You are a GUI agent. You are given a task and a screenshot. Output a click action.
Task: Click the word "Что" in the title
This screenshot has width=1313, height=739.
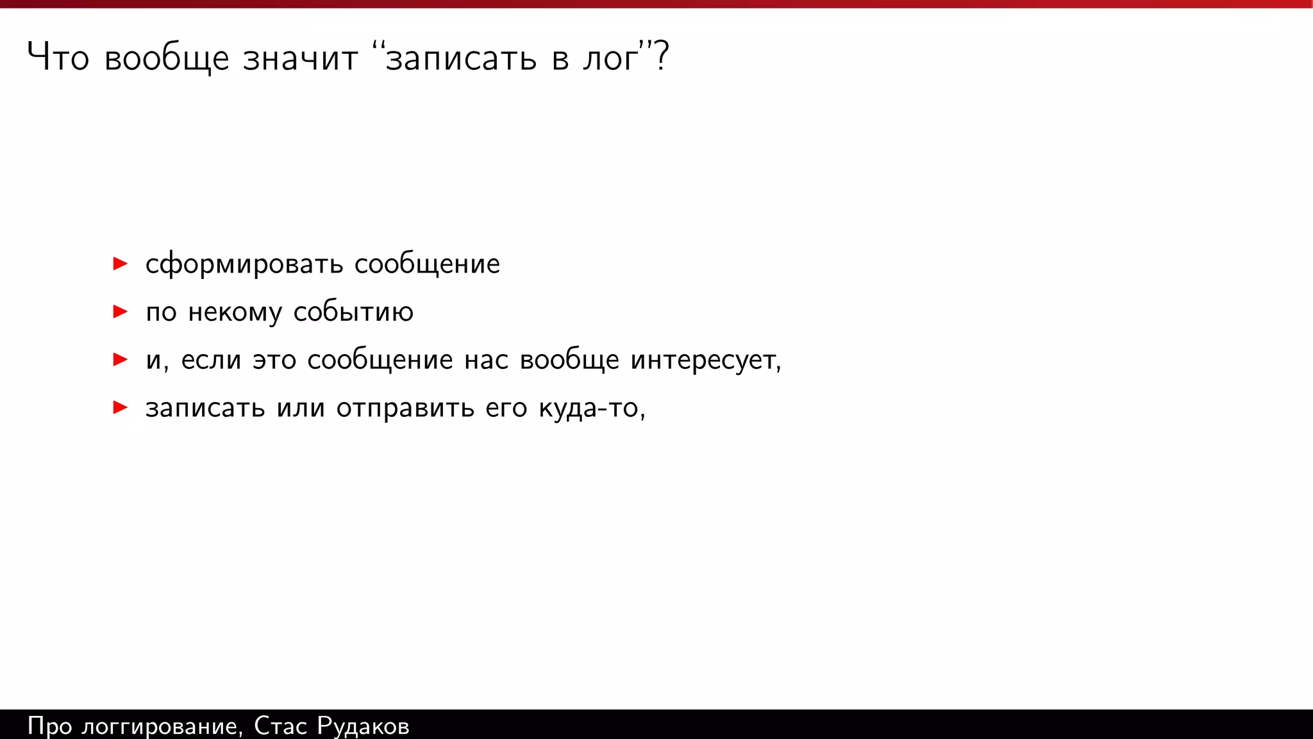58,58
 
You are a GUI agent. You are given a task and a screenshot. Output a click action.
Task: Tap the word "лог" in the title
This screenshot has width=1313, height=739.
611,59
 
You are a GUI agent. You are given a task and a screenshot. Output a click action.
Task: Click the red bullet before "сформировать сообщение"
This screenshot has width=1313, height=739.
120,264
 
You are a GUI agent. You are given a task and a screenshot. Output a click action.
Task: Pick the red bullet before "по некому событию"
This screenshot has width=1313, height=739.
120,312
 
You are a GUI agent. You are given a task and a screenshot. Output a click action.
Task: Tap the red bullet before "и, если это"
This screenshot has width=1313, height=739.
120,359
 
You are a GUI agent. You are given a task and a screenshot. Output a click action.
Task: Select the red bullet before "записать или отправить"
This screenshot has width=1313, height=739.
120,407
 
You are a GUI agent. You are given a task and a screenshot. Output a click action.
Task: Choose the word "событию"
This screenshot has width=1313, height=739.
353,312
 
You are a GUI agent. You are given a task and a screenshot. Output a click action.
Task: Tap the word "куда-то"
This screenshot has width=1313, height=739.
589,409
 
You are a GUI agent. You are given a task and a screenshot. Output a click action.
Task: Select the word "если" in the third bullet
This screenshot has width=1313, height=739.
211,361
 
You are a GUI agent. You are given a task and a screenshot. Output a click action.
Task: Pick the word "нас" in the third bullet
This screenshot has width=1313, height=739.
487,361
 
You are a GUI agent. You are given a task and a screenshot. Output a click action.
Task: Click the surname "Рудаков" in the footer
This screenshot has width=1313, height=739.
363,727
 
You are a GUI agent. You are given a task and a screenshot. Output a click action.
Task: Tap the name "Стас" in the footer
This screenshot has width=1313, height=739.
280,726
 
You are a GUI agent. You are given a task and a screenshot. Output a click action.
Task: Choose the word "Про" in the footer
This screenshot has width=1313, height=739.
49,727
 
